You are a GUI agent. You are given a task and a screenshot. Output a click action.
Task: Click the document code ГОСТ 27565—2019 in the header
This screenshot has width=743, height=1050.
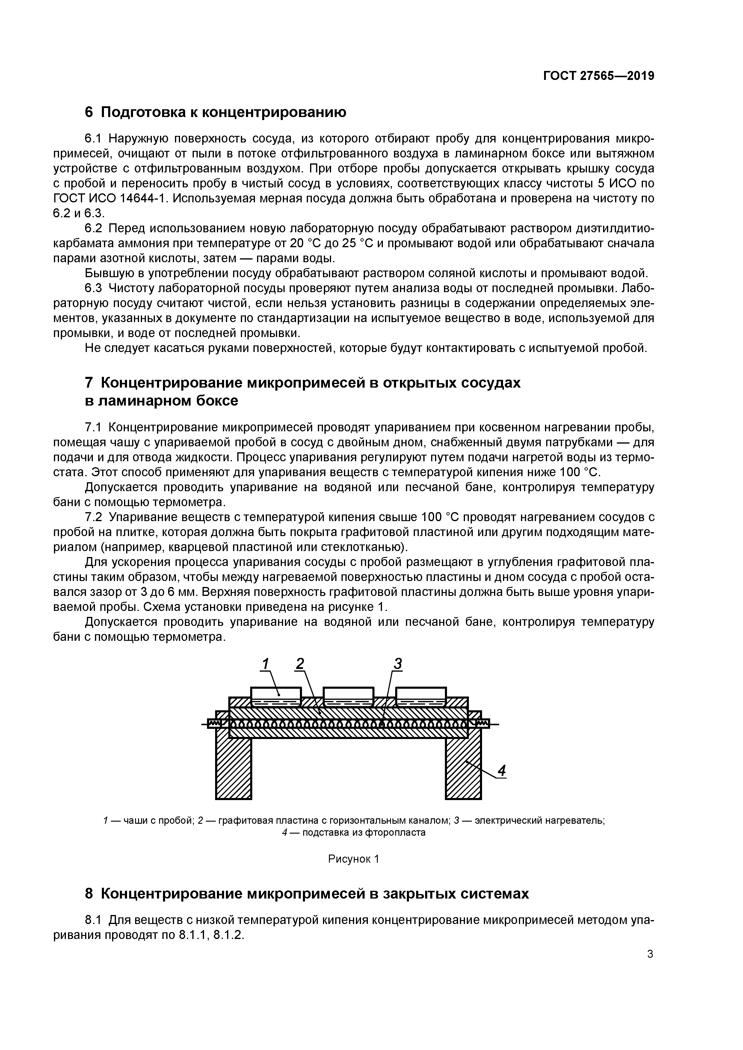click(x=598, y=76)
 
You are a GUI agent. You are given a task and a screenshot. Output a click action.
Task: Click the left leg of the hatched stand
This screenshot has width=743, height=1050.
click(x=233, y=768)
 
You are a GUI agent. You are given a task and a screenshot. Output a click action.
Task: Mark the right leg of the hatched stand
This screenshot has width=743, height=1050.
click(x=463, y=768)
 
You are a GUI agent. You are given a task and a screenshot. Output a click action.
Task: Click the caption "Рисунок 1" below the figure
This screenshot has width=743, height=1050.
click(x=354, y=859)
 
